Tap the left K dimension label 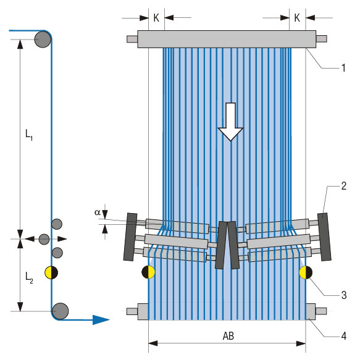pyautogui.click(x=156, y=18)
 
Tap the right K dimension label pyautogui.click(x=297, y=18)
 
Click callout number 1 pyautogui.click(x=343, y=68)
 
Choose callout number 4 pyautogui.click(x=343, y=336)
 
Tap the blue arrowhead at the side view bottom pyautogui.click(x=99, y=319)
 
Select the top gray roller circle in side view pyautogui.click(x=43, y=40)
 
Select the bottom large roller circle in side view pyautogui.click(x=60, y=310)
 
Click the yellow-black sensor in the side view pyautogui.click(x=51, y=272)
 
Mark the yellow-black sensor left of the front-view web pyautogui.click(x=148, y=272)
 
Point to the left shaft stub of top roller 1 pyautogui.click(x=132, y=40)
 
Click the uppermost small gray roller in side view pyautogui.click(x=57, y=224)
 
